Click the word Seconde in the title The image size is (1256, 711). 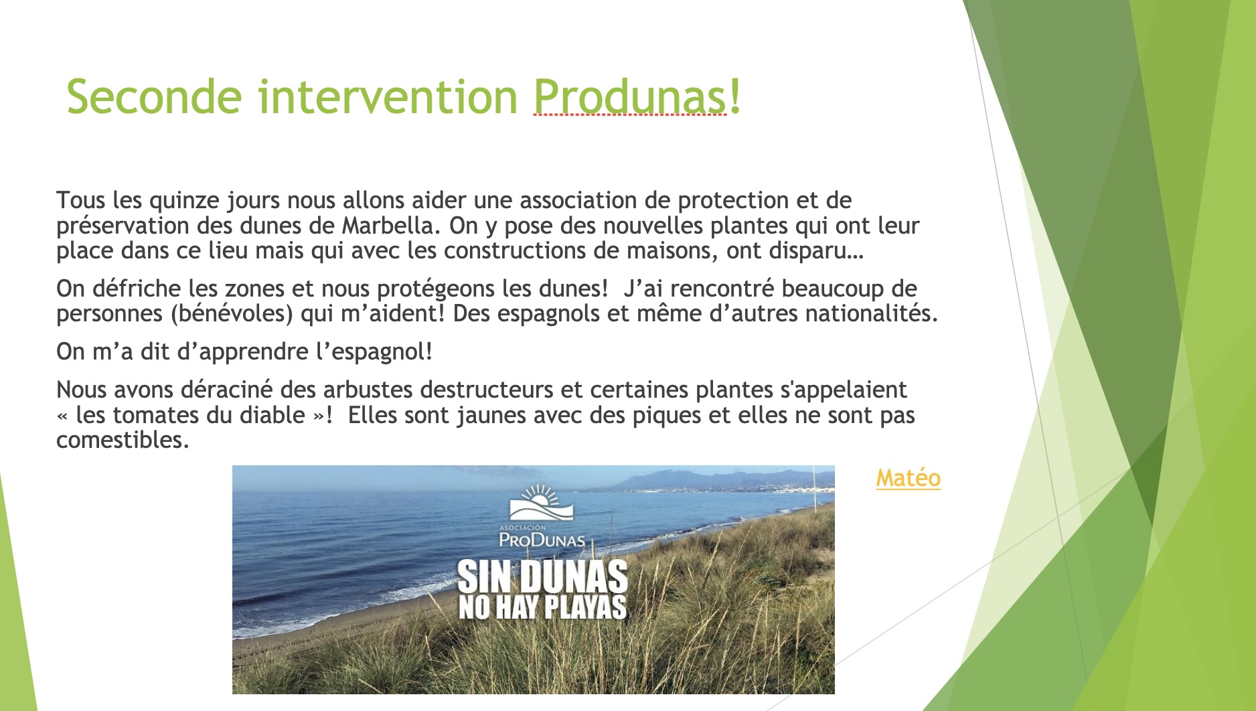coord(153,97)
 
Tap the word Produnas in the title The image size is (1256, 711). coord(630,97)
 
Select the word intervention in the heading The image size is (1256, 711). coord(388,97)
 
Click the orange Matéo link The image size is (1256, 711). coord(909,478)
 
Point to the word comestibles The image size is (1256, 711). coord(123,440)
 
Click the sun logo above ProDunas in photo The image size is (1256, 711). coord(542,503)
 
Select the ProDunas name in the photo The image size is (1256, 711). coord(542,539)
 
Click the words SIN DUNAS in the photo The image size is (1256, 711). coord(542,576)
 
